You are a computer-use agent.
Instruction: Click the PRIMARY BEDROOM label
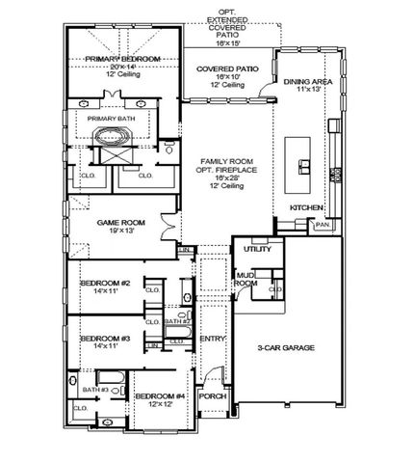(121, 59)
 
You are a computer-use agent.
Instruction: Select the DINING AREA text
(309, 82)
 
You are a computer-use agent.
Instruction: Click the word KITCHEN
(306, 207)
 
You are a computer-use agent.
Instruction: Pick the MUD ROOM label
(246, 280)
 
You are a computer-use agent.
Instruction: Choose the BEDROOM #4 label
(160, 395)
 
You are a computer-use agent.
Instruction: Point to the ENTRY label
(211, 339)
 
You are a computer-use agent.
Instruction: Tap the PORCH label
(211, 395)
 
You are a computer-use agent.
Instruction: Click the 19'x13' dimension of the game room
(121, 231)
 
